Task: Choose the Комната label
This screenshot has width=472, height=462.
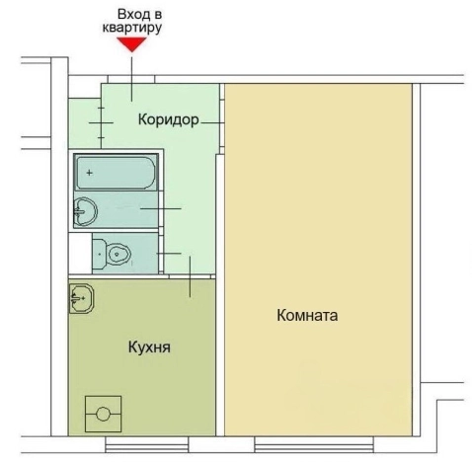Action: click(x=308, y=317)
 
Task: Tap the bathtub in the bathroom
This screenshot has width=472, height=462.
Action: click(x=115, y=173)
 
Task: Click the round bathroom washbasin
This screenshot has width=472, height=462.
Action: click(x=86, y=209)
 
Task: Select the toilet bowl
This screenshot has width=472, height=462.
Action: click(x=117, y=254)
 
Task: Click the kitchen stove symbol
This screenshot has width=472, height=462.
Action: click(x=104, y=414)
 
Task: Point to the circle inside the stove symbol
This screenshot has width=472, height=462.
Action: click(x=104, y=415)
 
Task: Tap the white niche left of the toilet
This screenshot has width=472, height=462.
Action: click(x=79, y=254)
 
